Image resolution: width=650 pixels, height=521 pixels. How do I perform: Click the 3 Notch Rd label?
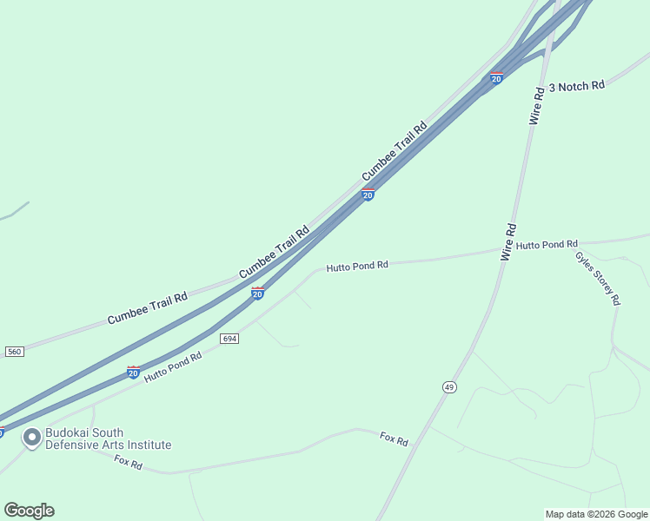coord(577,86)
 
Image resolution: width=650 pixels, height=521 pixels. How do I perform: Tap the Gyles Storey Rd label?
coord(597,278)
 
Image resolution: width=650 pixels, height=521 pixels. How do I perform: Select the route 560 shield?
coord(14,351)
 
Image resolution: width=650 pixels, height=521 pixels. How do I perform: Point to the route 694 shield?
coord(229,338)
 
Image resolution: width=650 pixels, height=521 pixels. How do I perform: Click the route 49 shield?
coord(448,386)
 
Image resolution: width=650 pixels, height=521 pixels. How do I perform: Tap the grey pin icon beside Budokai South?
coord(32,439)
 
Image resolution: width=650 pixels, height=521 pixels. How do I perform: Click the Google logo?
coord(29,511)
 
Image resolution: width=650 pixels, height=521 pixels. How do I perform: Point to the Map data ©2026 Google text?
coord(596,514)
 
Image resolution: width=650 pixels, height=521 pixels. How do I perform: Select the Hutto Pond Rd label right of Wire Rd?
coord(547,246)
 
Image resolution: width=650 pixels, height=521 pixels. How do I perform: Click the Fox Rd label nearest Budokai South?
coord(128,463)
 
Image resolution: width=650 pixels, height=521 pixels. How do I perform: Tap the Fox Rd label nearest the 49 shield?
coord(394,439)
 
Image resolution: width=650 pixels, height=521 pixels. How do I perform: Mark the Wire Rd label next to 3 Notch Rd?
coord(537,106)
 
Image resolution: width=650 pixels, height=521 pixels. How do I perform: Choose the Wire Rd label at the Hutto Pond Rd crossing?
coord(508,242)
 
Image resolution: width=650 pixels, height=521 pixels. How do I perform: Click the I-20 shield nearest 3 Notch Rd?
coord(496,78)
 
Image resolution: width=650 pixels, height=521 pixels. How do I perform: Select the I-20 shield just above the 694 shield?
coord(257,293)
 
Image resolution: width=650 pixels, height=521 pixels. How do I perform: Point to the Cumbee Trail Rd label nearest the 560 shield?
coord(148,309)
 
